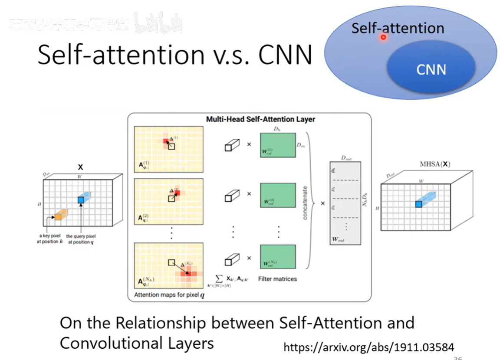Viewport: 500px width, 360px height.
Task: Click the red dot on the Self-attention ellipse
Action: tap(383, 38)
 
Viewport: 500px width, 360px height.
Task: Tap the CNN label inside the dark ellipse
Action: tap(431, 69)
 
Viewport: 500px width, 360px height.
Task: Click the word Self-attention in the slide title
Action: tap(121, 55)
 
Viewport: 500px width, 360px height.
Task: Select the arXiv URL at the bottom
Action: tap(369, 347)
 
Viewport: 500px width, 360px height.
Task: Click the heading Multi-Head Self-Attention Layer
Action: tap(260, 119)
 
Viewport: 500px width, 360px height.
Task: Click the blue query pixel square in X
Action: tap(81, 200)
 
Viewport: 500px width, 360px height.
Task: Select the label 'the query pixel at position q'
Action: tap(81, 239)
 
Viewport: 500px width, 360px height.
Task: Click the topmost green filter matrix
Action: tap(277, 145)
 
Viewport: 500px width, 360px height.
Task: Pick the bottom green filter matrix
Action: tap(277, 257)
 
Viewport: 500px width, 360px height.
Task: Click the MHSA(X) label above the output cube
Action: tap(435, 164)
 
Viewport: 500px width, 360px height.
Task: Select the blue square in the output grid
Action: tap(418, 204)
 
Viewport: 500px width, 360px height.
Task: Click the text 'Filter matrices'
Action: tap(277, 279)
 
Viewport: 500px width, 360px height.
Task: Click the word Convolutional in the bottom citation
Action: tap(107, 343)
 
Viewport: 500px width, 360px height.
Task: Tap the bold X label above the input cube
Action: tap(80, 167)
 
